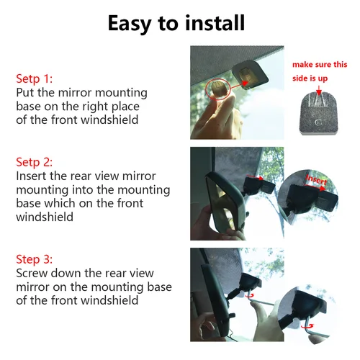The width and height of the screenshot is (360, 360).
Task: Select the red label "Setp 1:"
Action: pos(35,78)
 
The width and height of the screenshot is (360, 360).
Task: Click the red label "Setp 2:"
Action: pos(35,161)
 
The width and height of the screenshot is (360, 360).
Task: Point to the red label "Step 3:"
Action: pos(35,259)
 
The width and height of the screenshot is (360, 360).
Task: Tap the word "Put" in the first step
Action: pos(27,93)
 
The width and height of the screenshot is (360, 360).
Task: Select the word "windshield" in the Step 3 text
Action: pos(113,300)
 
